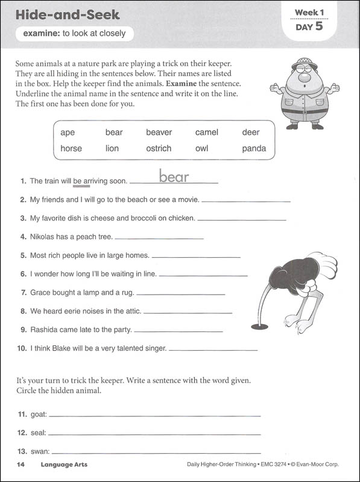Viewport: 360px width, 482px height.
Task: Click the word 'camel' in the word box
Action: [206, 133]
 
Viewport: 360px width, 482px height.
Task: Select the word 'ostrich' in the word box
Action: [159, 149]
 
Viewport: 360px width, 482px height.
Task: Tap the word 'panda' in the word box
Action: [254, 149]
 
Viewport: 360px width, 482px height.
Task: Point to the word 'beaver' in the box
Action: [159, 133]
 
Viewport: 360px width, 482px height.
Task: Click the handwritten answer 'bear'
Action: [174, 177]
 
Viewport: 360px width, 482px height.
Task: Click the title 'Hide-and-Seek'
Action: [68, 14]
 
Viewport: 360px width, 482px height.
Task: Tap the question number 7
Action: [24, 293]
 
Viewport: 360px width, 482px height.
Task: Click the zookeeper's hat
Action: [305, 63]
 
